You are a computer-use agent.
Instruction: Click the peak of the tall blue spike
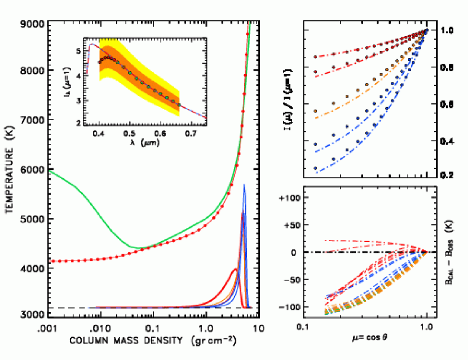click(x=244, y=185)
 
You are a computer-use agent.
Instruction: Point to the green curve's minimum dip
click(x=135, y=247)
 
